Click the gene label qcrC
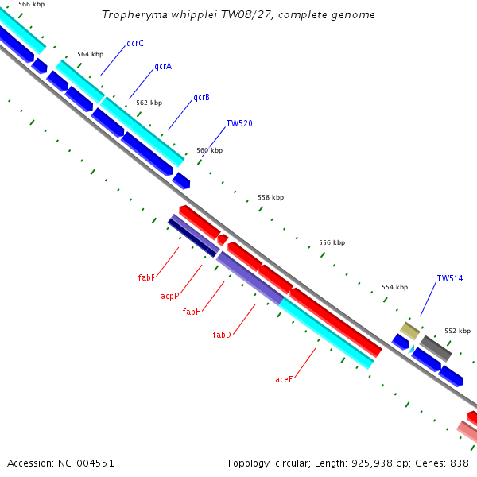(135, 44)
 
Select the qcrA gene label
(163, 66)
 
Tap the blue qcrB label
(202, 97)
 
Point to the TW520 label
(239, 123)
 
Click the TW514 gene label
(450, 278)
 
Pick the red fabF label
(146, 277)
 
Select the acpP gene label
(170, 296)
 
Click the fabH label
(192, 312)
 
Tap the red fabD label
(222, 335)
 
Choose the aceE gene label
(284, 379)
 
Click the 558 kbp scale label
(271, 197)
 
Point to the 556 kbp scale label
(332, 242)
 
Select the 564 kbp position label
(91, 54)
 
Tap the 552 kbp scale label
(458, 331)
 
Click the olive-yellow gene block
(409, 331)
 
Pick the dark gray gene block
(436, 349)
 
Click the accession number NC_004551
(86, 463)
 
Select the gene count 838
(460, 463)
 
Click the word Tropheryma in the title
(135, 15)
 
